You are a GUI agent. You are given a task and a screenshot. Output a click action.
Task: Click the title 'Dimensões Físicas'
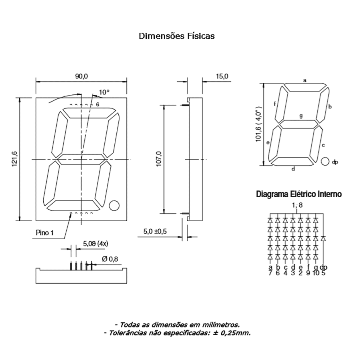pyautogui.click(x=176, y=36)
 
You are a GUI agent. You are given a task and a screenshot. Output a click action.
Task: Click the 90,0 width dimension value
pyautogui.click(x=82, y=76)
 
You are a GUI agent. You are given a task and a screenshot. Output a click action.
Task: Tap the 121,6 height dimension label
pyautogui.click(x=15, y=159)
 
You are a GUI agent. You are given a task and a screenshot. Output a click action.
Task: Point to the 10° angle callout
pyautogui.click(x=104, y=92)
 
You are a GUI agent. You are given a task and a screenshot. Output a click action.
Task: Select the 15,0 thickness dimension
pyautogui.click(x=222, y=76)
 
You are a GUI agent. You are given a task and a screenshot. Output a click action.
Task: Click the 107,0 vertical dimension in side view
pyautogui.click(x=159, y=159)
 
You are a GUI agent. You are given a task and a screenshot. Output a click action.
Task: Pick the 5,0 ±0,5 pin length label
pyautogui.click(x=155, y=232)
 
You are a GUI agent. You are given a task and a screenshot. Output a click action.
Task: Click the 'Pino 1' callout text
pyautogui.click(x=45, y=233)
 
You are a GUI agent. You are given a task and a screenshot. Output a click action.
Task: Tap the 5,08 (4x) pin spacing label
pyautogui.click(x=96, y=244)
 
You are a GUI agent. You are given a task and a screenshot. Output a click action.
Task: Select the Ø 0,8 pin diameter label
pyautogui.click(x=110, y=259)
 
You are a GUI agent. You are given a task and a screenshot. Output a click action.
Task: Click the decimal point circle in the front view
pyautogui.click(x=114, y=206)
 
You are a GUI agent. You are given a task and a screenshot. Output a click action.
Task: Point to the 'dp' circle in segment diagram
pyautogui.click(x=325, y=162)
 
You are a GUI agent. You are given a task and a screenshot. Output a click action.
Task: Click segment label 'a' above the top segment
pyautogui.click(x=305, y=80)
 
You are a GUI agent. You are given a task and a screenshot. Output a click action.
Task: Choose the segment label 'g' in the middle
pyautogui.click(x=301, y=116)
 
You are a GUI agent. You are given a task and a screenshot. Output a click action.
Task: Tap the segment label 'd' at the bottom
pyautogui.click(x=293, y=169)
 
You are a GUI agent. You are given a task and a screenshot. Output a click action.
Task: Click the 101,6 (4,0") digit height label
pyautogui.click(x=258, y=124)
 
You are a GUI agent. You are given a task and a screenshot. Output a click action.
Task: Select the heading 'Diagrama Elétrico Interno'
pyautogui.click(x=299, y=194)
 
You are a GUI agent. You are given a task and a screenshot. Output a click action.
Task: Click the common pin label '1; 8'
pyautogui.click(x=297, y=205)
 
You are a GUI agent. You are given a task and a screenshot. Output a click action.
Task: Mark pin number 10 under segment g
pyautogui.click(x=316, y=273)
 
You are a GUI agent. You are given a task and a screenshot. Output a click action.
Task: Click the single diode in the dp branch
pyautogui.click(x=323, y=239)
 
